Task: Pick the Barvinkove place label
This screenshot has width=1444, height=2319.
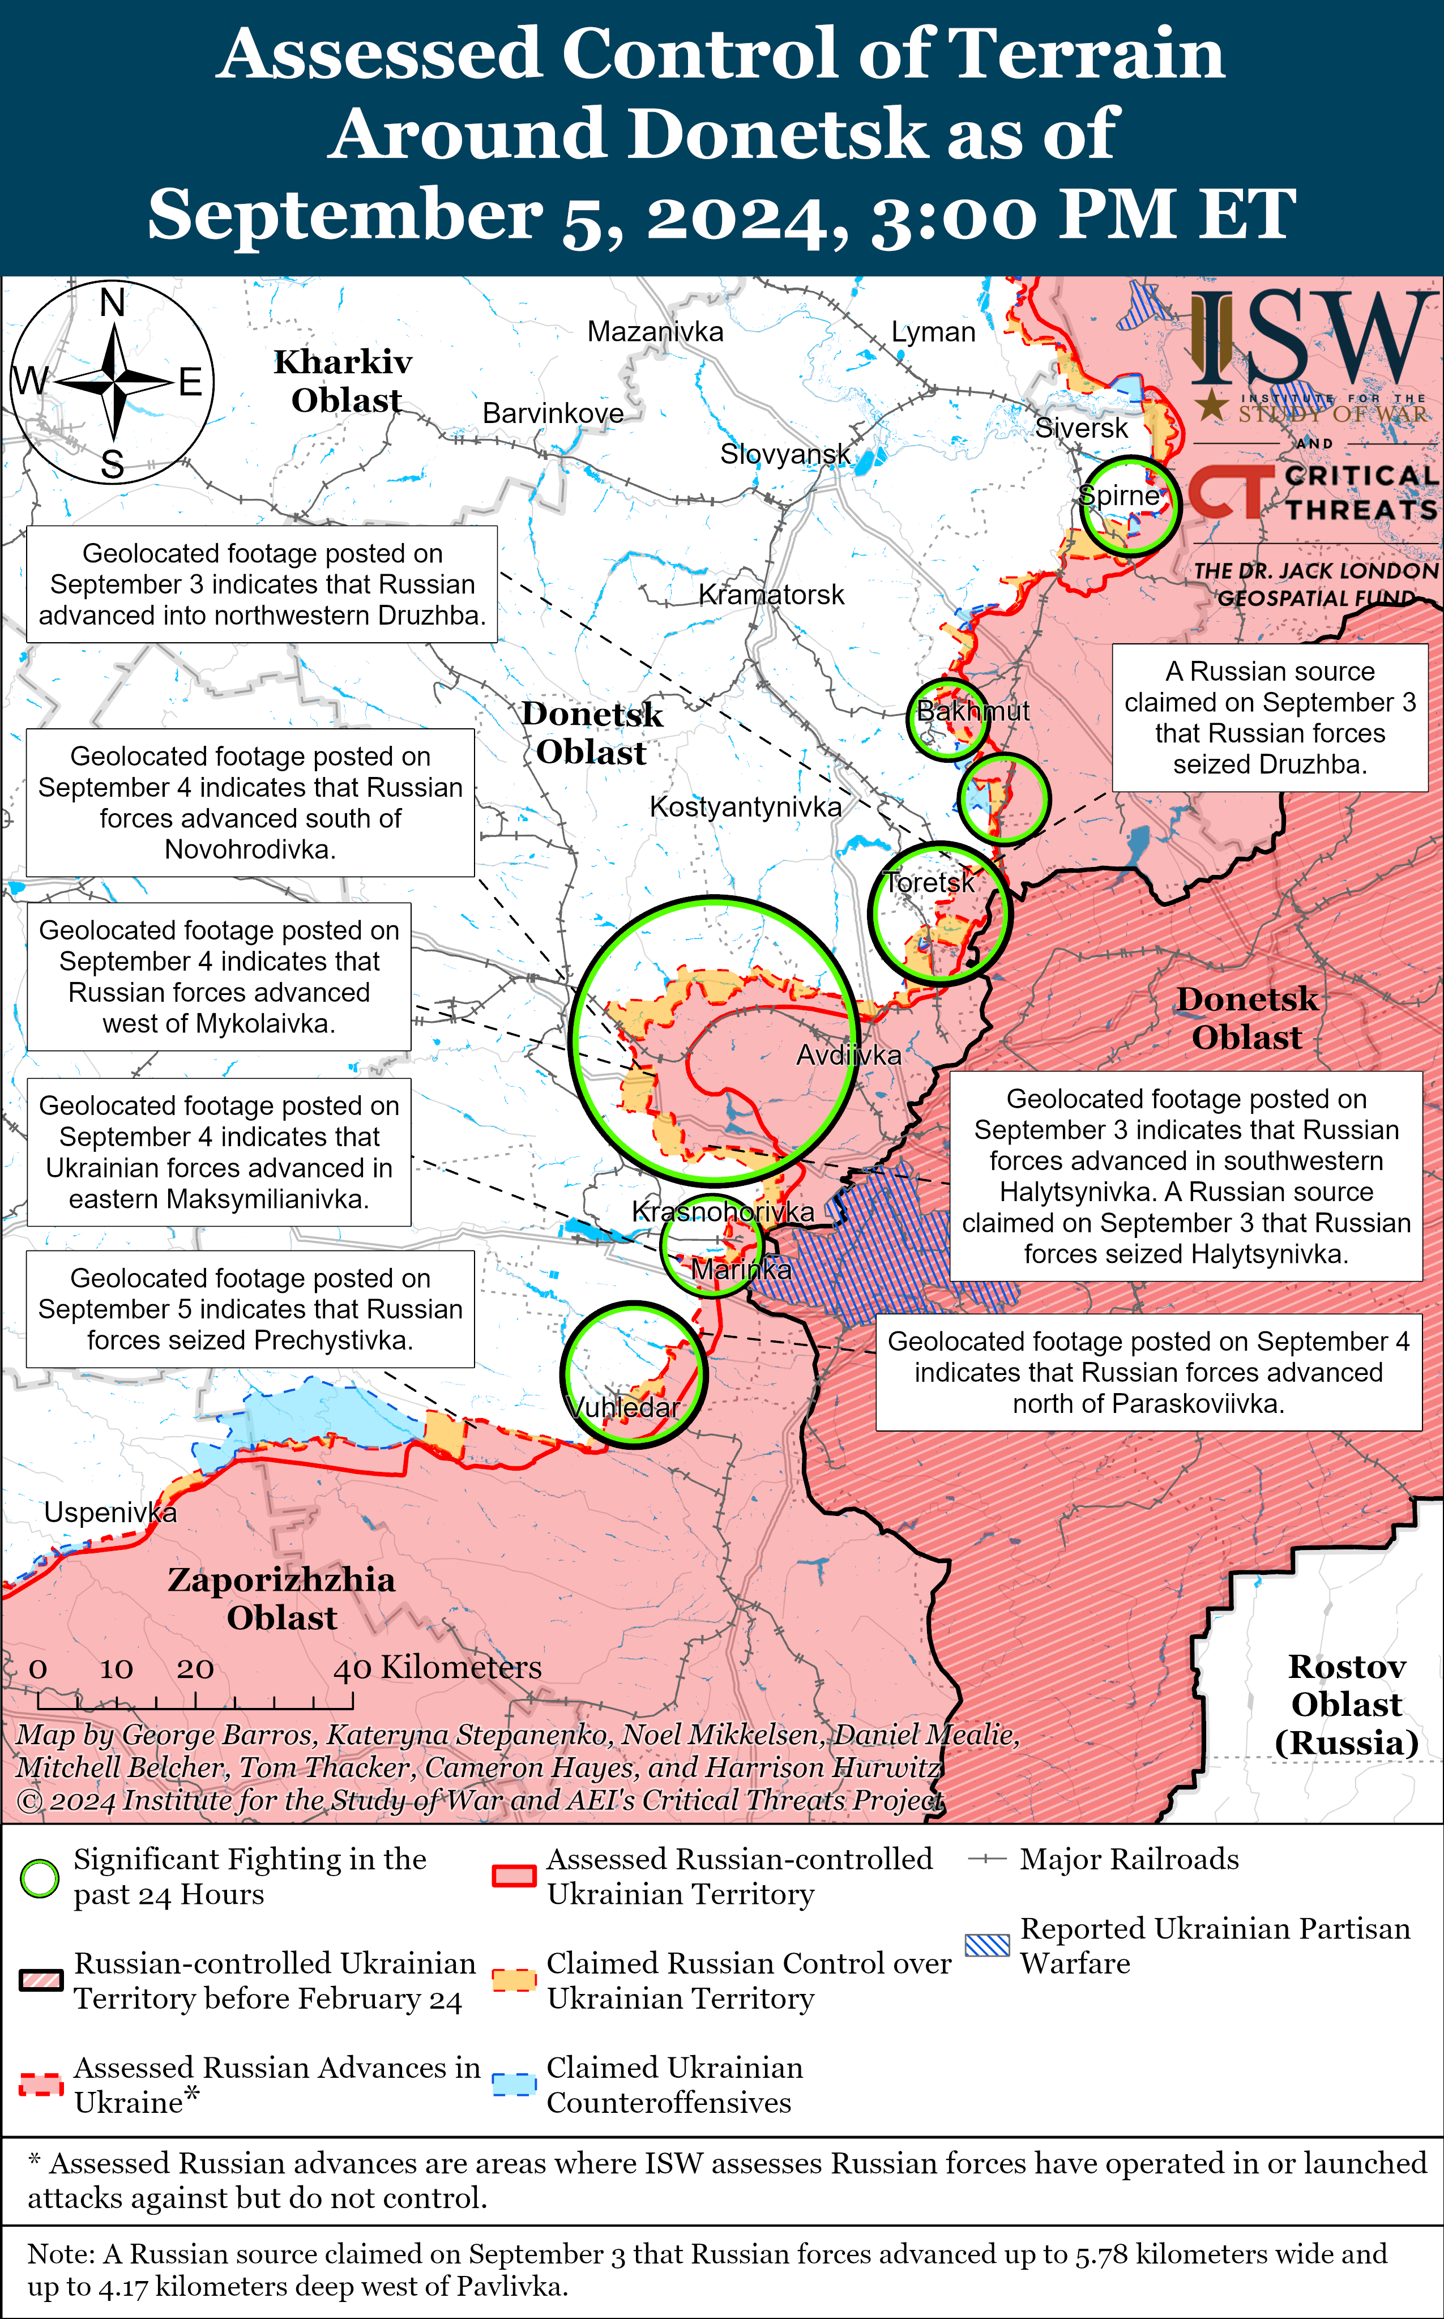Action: [x=552, y=413]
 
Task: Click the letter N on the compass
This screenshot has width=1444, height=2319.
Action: [x=113, y=303]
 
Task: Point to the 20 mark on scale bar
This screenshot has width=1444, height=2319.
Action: [x=195, y=1668]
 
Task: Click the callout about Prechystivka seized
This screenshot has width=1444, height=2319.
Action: [x=250, y=1309]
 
